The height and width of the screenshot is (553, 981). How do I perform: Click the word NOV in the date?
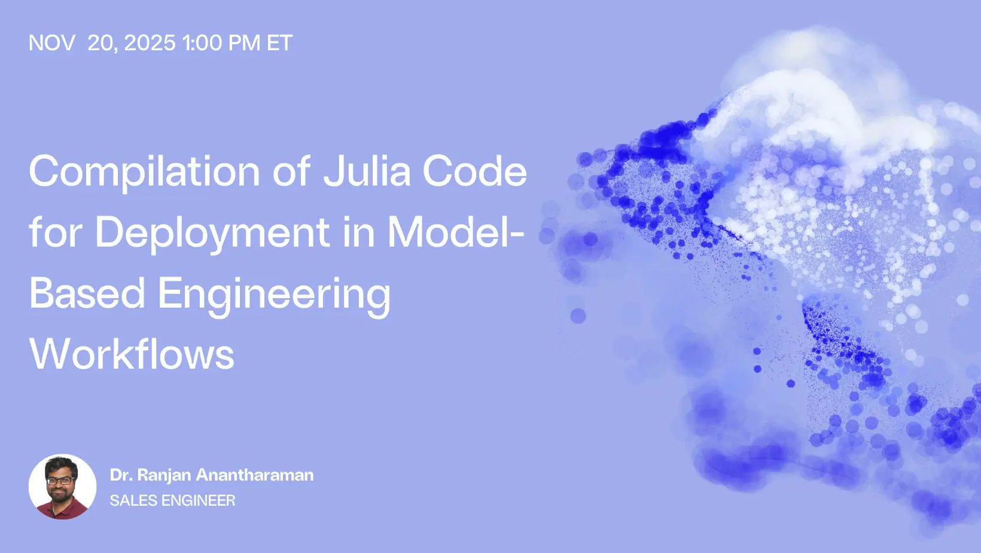coord(51,43)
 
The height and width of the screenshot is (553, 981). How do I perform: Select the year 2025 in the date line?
coord(150,43)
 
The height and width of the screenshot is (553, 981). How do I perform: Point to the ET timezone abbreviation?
coord(279,43)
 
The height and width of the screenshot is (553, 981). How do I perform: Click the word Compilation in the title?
coord(144,172)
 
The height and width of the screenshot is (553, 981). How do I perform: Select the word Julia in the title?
coord(367,171)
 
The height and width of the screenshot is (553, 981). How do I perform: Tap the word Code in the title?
coord(475,171)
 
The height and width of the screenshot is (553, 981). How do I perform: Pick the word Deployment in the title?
coord(212,233)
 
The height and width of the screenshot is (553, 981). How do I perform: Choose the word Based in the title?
coord(87,293)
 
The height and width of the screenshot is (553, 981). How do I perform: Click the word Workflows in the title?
coord(132,354)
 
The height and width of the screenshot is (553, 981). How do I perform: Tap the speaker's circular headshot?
coord(62,487)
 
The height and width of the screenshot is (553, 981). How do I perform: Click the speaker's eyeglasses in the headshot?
coord(60,480)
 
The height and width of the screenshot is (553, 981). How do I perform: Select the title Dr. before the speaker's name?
coord(120,475)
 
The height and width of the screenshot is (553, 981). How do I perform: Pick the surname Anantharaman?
coord(255,475)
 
